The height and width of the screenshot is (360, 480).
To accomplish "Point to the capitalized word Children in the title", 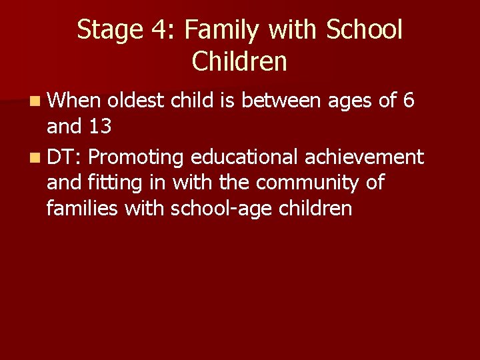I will click(x=239, y=61).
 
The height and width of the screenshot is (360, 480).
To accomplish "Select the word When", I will click(x=74, y=101).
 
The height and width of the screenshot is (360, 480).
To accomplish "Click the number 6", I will click(x=409, y=101).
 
